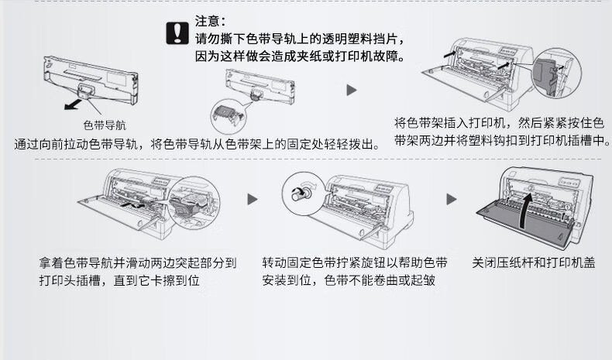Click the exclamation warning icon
click(177, 33)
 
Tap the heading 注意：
click(210, 21)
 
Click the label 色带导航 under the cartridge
click(105, 125)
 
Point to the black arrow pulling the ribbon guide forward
click(73, 105)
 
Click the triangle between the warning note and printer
click(352, 91)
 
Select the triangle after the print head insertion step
click(253, 199)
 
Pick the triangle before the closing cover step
click(452, 199)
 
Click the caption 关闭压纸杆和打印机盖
click(534, 262)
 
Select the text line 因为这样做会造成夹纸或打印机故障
click(300, 57)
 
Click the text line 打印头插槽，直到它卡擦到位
click(119, 280)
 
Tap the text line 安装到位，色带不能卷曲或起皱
click(349, 280)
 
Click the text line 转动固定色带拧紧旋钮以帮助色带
click(355, 262)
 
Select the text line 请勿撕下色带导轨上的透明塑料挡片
click(300, 39)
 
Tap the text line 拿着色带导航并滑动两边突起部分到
click(138, 262)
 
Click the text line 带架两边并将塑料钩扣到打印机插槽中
click(502, 140)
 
